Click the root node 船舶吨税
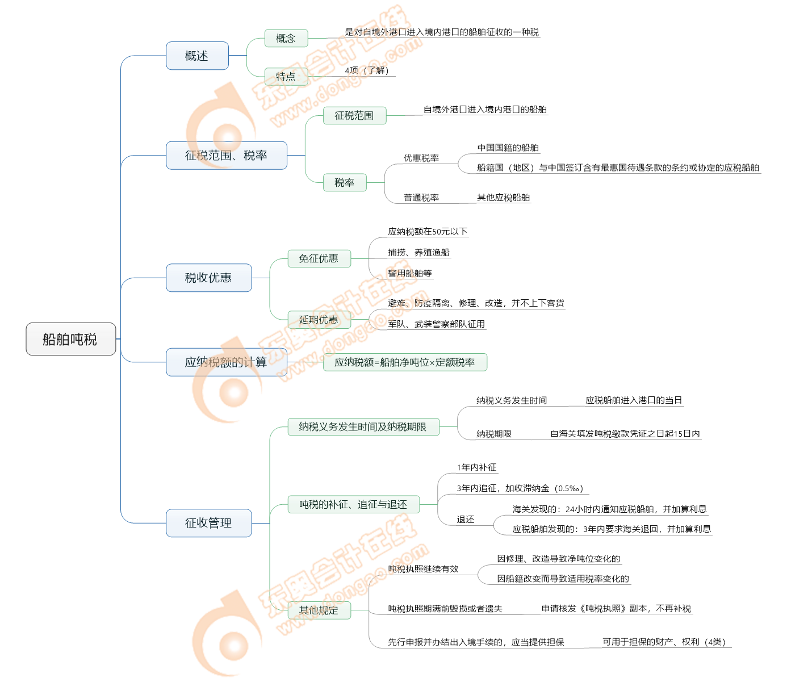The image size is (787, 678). [x=70, y=339]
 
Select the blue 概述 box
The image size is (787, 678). [x=197, y=56]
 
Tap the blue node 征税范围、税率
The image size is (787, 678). [x=226, y=155]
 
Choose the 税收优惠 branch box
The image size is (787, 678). [x=208, y=278]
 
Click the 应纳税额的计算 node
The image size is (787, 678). [x=226, y=362]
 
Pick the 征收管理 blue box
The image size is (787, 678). [x=208, y=523]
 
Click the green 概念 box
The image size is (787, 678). [x=286, y=38]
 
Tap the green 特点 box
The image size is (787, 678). [x=286, y=76]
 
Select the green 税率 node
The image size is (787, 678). [x=344, y=182]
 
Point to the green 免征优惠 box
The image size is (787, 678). [x=319, y=258]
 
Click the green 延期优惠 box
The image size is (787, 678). [x=319, y=320]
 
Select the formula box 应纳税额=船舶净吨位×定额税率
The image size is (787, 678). [x=405, y=362]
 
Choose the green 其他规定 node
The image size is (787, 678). [x=319, y=610]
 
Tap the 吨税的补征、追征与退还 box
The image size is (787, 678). [x=353, y=504]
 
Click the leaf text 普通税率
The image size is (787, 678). [x=421, y=198]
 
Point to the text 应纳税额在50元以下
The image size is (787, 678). [x=428, y=232]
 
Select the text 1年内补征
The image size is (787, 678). [x=476, y=467]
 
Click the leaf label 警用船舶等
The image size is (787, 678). [x=410, y=273]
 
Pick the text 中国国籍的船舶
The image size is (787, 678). [x=508, y=148]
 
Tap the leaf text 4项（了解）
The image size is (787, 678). [x=367, y=70]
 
